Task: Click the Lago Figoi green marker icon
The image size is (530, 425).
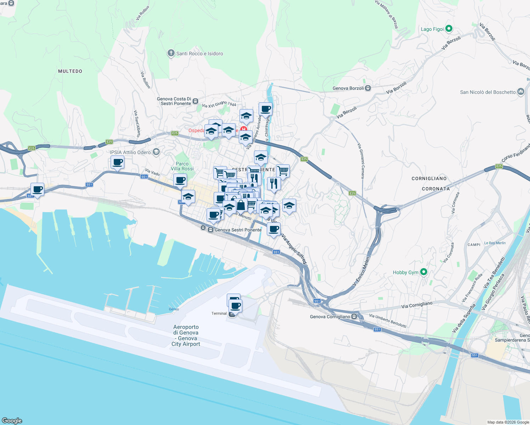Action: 449,29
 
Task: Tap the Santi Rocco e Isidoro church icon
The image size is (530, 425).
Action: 171,53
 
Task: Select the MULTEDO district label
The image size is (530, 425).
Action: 70,71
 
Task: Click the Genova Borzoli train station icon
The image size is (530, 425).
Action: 368,88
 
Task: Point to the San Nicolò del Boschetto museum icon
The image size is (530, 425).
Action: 520,92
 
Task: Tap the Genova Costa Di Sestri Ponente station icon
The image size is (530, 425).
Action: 195,101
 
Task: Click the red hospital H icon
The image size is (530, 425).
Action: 243,130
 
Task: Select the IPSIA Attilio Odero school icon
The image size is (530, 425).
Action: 156,152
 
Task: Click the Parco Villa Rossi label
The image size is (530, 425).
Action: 182,166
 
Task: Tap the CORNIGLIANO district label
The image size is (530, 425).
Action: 429,178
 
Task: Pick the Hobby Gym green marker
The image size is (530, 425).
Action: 424,272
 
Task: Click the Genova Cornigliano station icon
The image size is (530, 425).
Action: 354,317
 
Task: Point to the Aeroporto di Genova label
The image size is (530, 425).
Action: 186,335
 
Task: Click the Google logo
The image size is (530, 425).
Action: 12,420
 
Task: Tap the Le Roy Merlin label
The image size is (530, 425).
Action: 495,243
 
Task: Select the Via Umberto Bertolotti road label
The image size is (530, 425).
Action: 388,321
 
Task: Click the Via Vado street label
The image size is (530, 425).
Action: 153,172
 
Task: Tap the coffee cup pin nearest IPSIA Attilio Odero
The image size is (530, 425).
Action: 117,163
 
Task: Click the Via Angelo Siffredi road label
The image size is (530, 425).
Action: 294,249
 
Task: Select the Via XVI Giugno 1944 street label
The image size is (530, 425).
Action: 219,104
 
